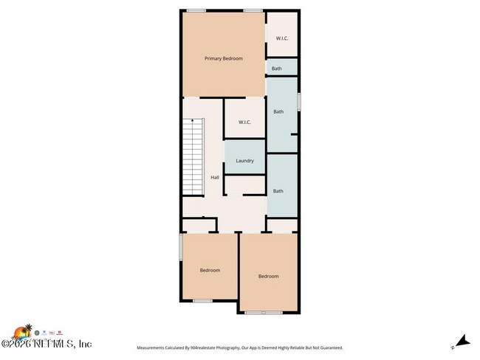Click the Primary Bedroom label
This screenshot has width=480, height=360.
coord(223,58)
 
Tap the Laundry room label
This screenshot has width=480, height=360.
coord(244,161)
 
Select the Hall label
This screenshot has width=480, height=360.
coord(214,177)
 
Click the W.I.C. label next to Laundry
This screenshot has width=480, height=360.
coord(244,122)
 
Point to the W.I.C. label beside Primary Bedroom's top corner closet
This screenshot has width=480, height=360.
coord(281,38)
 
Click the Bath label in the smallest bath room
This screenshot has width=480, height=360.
coord(277,69)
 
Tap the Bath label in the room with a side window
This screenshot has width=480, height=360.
coord(278,112)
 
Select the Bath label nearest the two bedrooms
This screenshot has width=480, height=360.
coord(278,191)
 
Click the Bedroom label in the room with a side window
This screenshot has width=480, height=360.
coord(210,270)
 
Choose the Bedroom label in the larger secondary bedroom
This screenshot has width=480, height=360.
coord(268,276)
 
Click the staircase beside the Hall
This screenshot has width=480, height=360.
coord(193,158)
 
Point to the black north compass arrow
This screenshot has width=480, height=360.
coord(462,341)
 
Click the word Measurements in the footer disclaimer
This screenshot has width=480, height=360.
coord(153,347)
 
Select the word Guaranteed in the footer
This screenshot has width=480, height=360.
coord(328,347)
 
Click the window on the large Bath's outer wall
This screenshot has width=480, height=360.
coord(298,101)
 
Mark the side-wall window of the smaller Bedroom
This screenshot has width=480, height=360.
coord(180,246)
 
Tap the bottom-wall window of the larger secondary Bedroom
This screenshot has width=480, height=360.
coord(264,313)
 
